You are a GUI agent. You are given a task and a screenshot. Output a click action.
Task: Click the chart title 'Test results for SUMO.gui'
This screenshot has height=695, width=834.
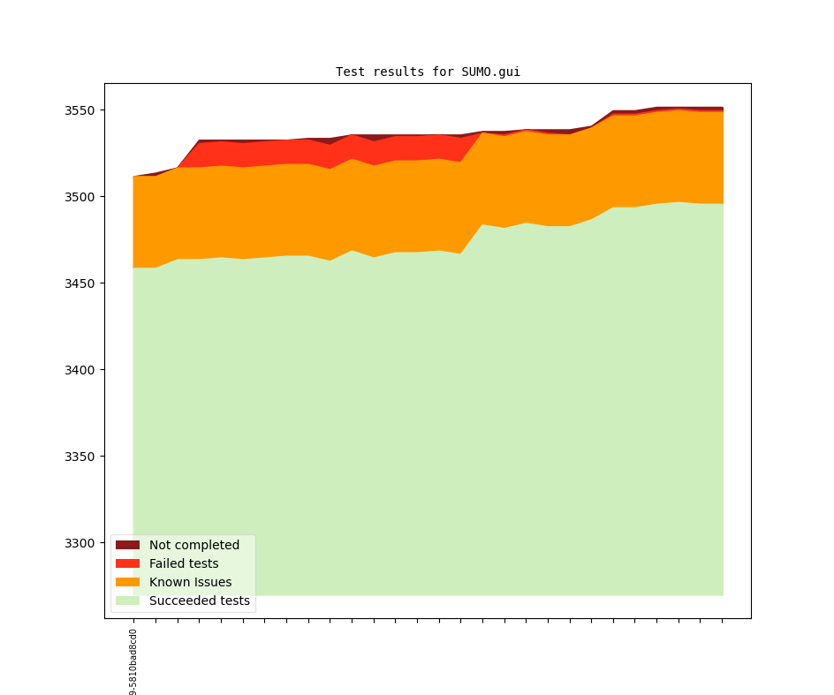(428, 72)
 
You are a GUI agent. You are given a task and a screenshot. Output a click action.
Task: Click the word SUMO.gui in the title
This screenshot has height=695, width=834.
(490, 72)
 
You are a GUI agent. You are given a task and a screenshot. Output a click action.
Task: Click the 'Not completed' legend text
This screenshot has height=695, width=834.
(194, 545)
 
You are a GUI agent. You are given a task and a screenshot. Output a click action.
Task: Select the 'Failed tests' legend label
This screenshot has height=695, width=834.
(184, 563)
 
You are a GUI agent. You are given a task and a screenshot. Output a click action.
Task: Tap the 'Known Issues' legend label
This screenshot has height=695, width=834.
(190, 582)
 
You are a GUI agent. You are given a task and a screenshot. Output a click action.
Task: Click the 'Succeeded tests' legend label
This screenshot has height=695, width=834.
(200, 601)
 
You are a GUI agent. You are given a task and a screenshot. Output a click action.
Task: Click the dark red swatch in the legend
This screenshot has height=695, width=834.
(127, 545)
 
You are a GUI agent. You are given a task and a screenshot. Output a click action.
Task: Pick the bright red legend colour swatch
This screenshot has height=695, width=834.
(127, 563)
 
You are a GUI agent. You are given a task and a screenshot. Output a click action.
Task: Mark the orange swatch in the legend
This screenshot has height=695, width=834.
(127, 582)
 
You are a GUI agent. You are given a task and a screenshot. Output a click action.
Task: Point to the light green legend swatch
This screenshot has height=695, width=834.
(127, 601)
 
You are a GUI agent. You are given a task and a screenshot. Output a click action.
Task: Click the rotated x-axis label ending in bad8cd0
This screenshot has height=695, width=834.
(133, 662)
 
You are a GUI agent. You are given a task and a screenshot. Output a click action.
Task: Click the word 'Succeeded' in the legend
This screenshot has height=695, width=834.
(180, 601)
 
